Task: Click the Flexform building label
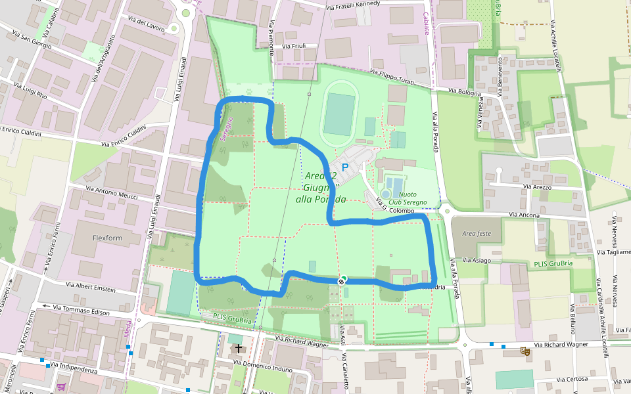(x=107, y=237)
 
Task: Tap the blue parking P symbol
(x=344, y=168)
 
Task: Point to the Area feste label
(x=477, y=233)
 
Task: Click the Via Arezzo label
(x=537, y=187)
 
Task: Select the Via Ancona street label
(x=525, y=215)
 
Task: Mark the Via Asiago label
(x=477, y=261)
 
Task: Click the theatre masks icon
(x=525, y=351)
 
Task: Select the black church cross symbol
(x=238, y=349)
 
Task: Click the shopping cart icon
(x=62, y=387)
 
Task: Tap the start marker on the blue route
(x=341, y=281)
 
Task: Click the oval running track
(x=339, y=114)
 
